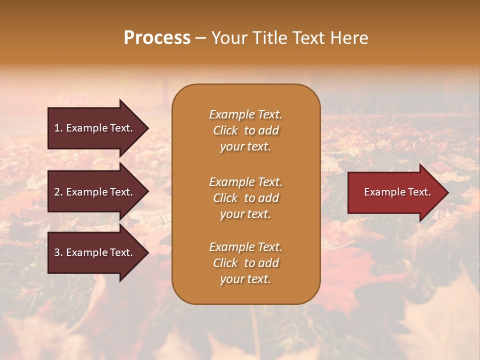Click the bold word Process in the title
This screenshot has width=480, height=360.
157,38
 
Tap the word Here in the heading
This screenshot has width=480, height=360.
349,38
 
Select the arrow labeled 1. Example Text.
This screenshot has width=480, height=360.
95,128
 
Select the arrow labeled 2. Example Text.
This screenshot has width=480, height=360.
95,192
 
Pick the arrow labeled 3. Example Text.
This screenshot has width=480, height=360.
95,252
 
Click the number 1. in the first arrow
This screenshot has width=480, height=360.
58,128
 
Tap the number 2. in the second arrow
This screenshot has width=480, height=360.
58,192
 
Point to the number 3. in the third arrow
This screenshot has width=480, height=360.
58,252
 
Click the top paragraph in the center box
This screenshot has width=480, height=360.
245,130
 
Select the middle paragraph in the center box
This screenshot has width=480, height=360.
245,198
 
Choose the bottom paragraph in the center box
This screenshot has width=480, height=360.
245,263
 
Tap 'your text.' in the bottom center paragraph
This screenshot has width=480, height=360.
245,279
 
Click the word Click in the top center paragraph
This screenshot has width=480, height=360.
225,130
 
